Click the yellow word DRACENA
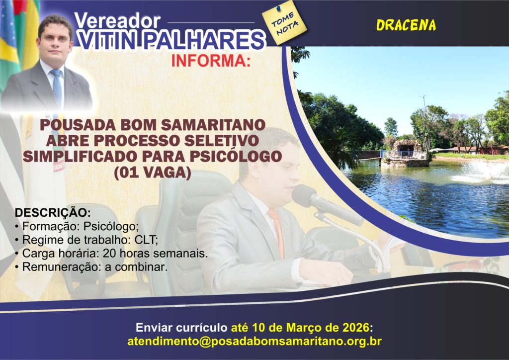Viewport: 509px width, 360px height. pyautogui.click(x=406, y=25)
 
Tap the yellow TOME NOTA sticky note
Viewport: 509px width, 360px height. pyautogui.click(x=284, y=23)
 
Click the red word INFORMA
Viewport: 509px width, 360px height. pyautogui.click(x=211, y=61)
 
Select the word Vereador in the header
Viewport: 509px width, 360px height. pyautogui.click(x=117, y=21)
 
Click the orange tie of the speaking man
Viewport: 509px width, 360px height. pyautogui.click(x=276, y=231)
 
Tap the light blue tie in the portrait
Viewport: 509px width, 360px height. pyautogui.click(x=57, y=88)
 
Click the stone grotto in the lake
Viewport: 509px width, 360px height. pyautogui.click(x=405, y=153)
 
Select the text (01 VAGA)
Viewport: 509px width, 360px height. pyautogui.click(x=152, y=173)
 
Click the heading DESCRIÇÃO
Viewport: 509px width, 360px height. pyautogui.click(x=53, y=213)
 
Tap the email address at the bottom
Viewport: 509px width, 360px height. pyautogui.click(x=254, y=341)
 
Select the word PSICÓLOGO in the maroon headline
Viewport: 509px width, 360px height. pyautogui.click(x=236, y=157)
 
